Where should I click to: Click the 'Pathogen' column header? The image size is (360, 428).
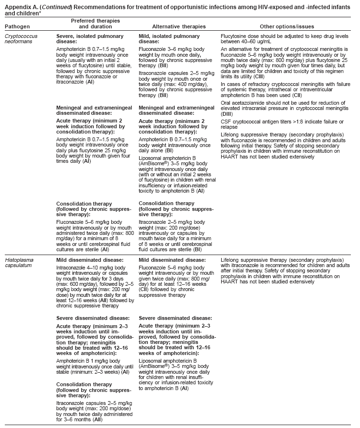(x=16, y=27)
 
